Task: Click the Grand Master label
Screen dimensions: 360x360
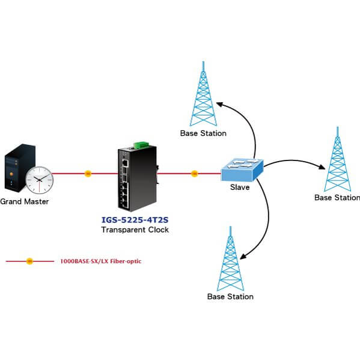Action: pos(24,201)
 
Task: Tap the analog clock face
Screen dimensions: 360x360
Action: pos(40,180)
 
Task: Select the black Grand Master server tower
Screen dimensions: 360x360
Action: pos(20,168)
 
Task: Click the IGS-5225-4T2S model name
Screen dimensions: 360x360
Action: pos(135,220)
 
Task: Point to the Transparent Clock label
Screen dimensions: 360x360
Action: pos(135,230)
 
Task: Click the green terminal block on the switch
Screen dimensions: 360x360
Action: pos(141,145)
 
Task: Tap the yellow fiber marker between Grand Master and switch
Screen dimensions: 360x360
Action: pos(88,174)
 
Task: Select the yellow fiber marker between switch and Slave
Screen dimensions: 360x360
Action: pos(194,174)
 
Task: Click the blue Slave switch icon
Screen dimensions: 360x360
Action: pos(242,169)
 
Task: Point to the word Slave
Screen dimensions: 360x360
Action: pos(240,187)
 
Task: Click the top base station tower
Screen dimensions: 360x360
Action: pos(203,94)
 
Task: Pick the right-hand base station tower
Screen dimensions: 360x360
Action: pos(337,159)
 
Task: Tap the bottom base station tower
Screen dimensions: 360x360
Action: pos(230,259)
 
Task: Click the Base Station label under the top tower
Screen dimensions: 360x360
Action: pos(203,133)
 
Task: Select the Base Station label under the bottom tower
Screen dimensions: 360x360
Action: pos(230,296)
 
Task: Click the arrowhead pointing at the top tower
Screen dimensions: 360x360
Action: pos(220,105)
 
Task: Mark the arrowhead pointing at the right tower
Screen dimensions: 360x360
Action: pos(322,166)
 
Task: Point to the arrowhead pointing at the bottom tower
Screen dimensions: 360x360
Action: pos(243,256)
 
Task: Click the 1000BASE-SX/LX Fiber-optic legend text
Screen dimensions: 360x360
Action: pos(101,261)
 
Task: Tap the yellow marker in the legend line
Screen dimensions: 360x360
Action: pos(29,261)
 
